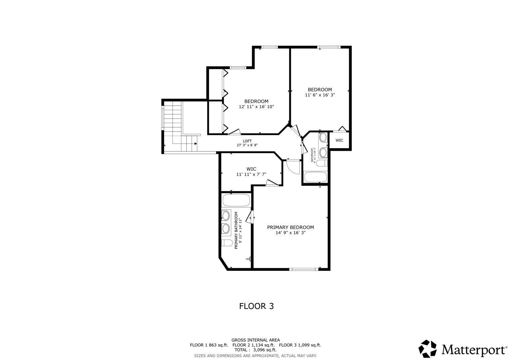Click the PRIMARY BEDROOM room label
290,228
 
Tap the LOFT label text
247,141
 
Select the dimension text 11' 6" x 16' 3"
319,95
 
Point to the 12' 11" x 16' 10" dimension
256,107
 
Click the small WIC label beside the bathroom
339,140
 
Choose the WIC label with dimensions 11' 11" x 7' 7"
251,169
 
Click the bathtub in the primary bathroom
236,201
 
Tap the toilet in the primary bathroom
227,243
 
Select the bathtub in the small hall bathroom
315,177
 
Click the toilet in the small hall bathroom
322,163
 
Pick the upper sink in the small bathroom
323,137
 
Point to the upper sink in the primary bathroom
225,215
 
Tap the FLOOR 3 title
256,306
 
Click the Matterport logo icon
427,349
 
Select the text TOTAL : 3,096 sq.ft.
255,350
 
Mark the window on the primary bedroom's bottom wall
304,269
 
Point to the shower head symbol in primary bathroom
249,259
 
